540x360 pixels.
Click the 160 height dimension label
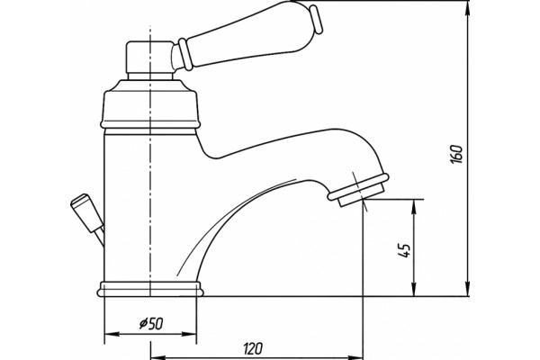coord(456,154)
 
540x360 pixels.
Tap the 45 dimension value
coord(404,250)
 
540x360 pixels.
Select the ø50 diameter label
coord(151,323)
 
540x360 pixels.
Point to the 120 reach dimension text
coord(253,348)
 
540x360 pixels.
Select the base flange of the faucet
coord(150,289)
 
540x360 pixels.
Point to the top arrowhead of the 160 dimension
coord(467,8)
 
